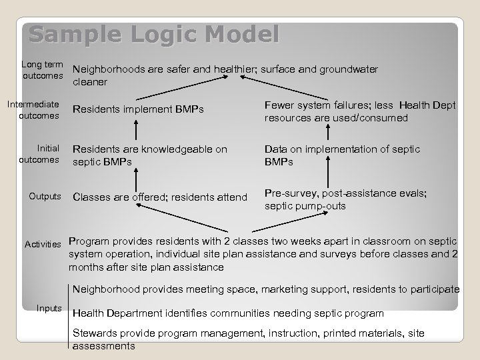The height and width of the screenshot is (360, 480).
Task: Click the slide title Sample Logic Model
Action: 154,34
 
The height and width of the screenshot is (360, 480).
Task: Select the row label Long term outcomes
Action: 42,69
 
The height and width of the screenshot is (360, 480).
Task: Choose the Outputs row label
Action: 45,197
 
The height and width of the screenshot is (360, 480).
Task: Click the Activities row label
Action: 43,245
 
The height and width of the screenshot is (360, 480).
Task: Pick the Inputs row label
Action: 50,308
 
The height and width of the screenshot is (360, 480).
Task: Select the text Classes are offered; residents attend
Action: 159,197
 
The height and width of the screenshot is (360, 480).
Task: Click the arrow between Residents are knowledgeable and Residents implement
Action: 136,133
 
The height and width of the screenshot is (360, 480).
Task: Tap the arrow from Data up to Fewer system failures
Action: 329,133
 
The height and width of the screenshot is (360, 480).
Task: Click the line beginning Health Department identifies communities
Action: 227,313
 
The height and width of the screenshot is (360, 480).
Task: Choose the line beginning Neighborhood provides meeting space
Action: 265,289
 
